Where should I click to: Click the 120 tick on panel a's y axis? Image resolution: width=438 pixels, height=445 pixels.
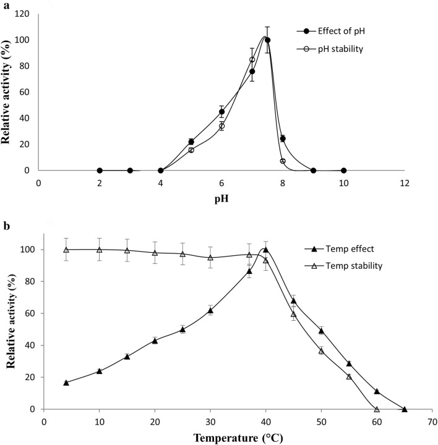click(x=25, y=14)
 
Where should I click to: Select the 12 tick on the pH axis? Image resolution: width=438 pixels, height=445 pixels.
click(x=405, y=184)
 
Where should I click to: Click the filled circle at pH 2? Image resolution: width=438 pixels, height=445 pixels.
click(x=100, y=171)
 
